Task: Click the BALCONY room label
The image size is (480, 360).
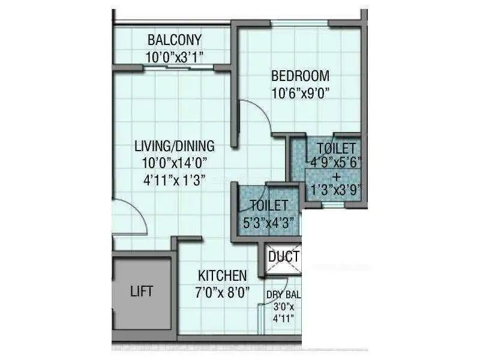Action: pos(175,40)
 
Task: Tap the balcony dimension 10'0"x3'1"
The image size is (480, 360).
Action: pos(175,57)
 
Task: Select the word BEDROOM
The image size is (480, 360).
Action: pos(301,76)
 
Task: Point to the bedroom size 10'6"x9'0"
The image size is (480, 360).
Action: pos(301,93)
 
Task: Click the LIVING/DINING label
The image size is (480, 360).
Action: pos(175,146)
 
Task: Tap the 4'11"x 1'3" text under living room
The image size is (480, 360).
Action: pos(175,180)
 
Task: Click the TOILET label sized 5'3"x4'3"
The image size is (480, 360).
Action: pos(269,205)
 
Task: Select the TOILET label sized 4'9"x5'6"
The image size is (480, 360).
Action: pos(337,148)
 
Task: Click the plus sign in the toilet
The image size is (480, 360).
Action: pos(337,176)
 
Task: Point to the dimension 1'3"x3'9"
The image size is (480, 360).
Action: pos(337,190)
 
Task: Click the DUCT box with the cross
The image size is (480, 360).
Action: pos(283,259)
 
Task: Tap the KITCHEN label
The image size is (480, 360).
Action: pos(222,276)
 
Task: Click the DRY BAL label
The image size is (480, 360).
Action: pos(283,295)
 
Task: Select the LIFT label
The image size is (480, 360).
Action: pos(142,292)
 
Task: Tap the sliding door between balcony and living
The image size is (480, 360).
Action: pos(179,68)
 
